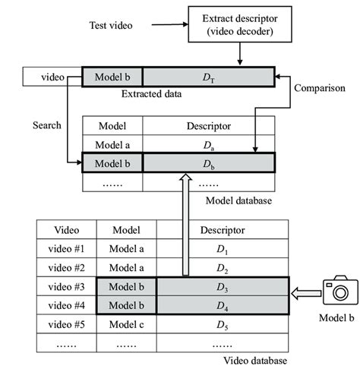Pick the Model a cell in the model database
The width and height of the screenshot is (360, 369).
point(112,144)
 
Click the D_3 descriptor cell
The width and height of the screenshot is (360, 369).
point(223,287)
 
